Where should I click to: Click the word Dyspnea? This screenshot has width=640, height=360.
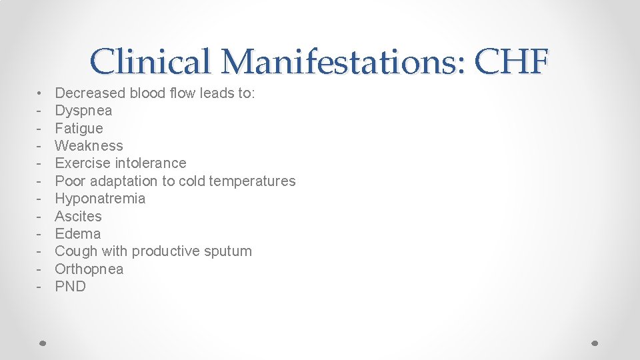pos(83,111)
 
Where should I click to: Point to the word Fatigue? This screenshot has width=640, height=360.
pos(79,128)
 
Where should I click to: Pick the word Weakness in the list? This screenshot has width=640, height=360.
pos(89,145)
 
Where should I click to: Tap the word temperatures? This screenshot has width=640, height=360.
pos(251,181)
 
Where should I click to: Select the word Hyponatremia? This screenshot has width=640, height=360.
pos(100,199)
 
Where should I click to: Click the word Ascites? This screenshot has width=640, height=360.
pos(78,216)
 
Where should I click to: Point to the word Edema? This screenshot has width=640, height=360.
pos(77,234)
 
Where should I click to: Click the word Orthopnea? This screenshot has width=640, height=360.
pos(89,269)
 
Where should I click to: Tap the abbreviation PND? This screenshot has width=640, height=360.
pos(70,287)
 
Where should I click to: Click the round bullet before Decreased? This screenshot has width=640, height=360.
pos(40,93)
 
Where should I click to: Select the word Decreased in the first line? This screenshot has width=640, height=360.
pos(90,93)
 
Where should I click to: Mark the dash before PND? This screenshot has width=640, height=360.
pos(40,287)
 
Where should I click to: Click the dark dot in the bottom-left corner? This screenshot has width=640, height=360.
pos(42,343)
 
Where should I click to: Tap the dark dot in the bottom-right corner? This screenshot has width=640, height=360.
pos(595,343)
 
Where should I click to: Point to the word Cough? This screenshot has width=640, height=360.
pos(75,251)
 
